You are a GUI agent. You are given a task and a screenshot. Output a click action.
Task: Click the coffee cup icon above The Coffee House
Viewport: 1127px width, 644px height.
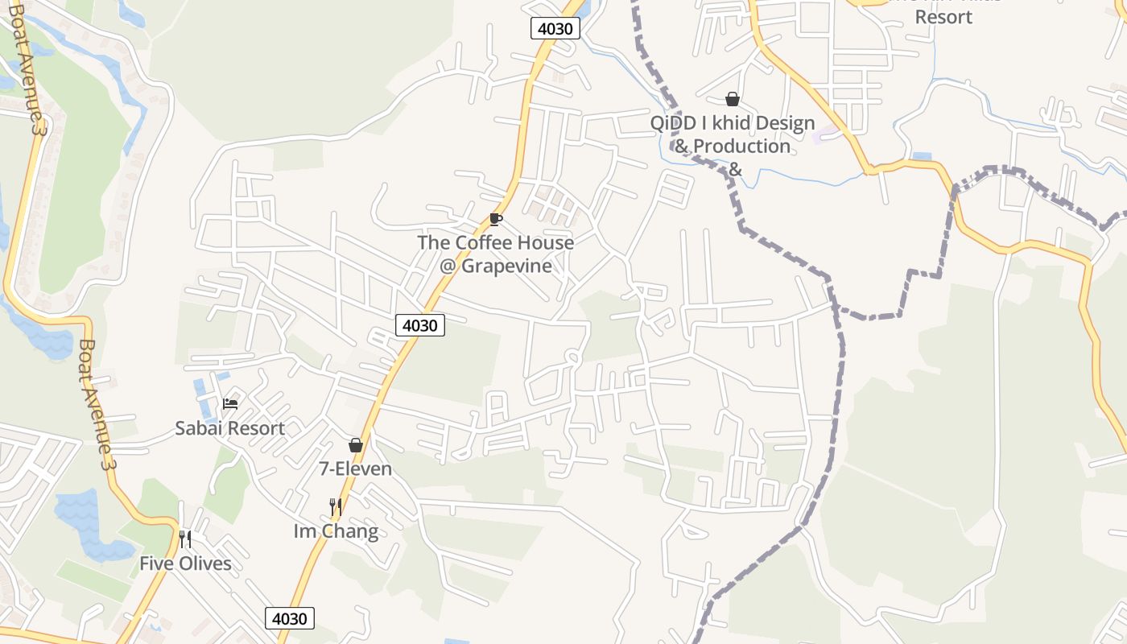point(496,219)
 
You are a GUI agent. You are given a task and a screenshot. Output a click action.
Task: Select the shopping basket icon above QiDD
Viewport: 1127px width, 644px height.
point(733,99)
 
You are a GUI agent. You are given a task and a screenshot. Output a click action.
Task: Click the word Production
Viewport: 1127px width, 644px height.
point(741,147)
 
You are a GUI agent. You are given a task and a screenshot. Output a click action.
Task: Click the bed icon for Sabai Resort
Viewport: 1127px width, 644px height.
point(230,403)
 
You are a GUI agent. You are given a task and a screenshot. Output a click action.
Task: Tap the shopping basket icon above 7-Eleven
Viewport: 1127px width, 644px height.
point(356,445)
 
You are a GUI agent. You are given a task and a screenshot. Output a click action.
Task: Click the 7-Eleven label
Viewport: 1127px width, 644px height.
point(356,469)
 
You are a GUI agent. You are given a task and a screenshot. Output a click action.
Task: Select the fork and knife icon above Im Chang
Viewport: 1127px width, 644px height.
point(336,507)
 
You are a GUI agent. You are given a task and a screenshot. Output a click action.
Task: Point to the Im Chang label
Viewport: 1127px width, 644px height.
point(336,531)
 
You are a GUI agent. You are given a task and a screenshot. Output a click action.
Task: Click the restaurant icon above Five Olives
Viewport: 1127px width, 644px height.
point(185,539)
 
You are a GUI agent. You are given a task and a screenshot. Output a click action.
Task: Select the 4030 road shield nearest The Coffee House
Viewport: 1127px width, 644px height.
point(420,325)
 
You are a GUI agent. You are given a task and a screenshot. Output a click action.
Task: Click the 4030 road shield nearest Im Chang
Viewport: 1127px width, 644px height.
point(290,618)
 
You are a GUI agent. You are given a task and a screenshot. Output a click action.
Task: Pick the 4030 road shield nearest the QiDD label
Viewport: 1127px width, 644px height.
point(555,29)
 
